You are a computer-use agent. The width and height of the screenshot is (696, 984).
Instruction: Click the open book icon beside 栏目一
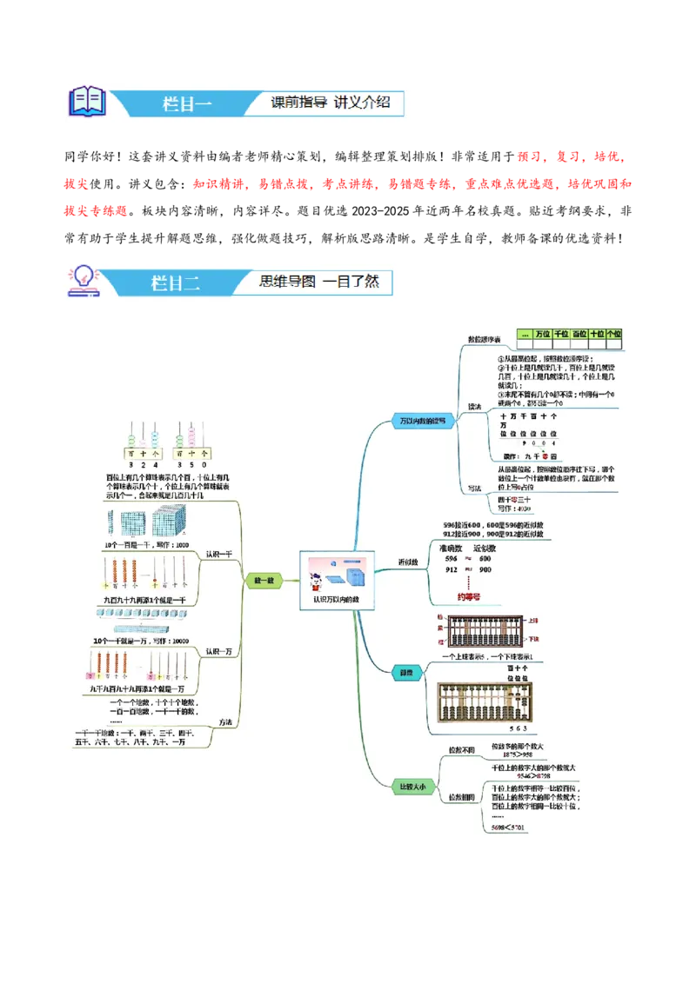[87, 102]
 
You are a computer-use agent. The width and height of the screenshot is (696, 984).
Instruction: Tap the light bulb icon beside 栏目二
[85, 281]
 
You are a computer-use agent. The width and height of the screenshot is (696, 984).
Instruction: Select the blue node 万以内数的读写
[423, 421]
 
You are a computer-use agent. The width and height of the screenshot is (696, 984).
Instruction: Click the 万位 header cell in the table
[543, 334]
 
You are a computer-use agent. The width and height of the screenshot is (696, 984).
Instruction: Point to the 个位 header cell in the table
[615, 334]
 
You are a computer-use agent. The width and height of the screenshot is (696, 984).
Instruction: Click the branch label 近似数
[408, 562]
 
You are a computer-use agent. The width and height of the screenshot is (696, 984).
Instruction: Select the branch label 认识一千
[218, 553]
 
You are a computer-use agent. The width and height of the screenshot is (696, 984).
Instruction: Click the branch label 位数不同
[461, 749]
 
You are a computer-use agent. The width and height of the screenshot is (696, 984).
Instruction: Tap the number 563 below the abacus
[519, 728]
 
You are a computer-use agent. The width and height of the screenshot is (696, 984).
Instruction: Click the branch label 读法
[474, 406]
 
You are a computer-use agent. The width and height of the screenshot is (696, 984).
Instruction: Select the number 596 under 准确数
[451, 558]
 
